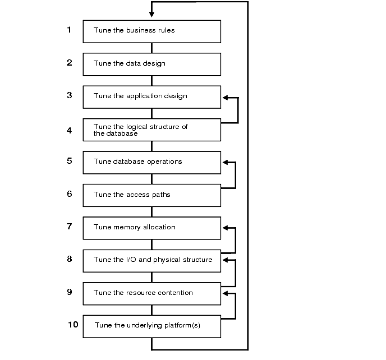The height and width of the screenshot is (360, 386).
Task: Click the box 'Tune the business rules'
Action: tap(151, 31)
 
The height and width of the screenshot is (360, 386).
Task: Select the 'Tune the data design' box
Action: tap(151, 63)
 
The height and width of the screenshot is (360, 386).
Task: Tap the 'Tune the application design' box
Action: tap(151, 96)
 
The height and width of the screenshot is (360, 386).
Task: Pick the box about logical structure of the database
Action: tap(151, 130)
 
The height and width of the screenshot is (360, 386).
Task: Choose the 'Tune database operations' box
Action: tap(151, 162)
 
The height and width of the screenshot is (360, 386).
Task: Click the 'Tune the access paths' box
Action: tap(151, 195)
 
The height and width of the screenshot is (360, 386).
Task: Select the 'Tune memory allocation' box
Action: tap(151, 228)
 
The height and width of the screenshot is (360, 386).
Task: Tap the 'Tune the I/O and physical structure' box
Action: tap(151, 260)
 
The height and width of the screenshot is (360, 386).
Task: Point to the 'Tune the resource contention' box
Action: tap(151, 293)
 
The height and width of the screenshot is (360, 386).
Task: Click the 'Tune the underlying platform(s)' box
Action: tap(151, 326)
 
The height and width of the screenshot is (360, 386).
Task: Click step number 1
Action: tap(70, 30)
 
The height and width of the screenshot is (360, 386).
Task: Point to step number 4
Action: tap(70, 130)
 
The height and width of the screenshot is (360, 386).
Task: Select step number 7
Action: tap(70, 227)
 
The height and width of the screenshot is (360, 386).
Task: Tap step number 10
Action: tap(73, 324)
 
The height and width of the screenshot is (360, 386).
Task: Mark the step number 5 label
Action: tap(70, 161)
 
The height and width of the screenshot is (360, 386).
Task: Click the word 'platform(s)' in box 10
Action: tap(181, 326)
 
